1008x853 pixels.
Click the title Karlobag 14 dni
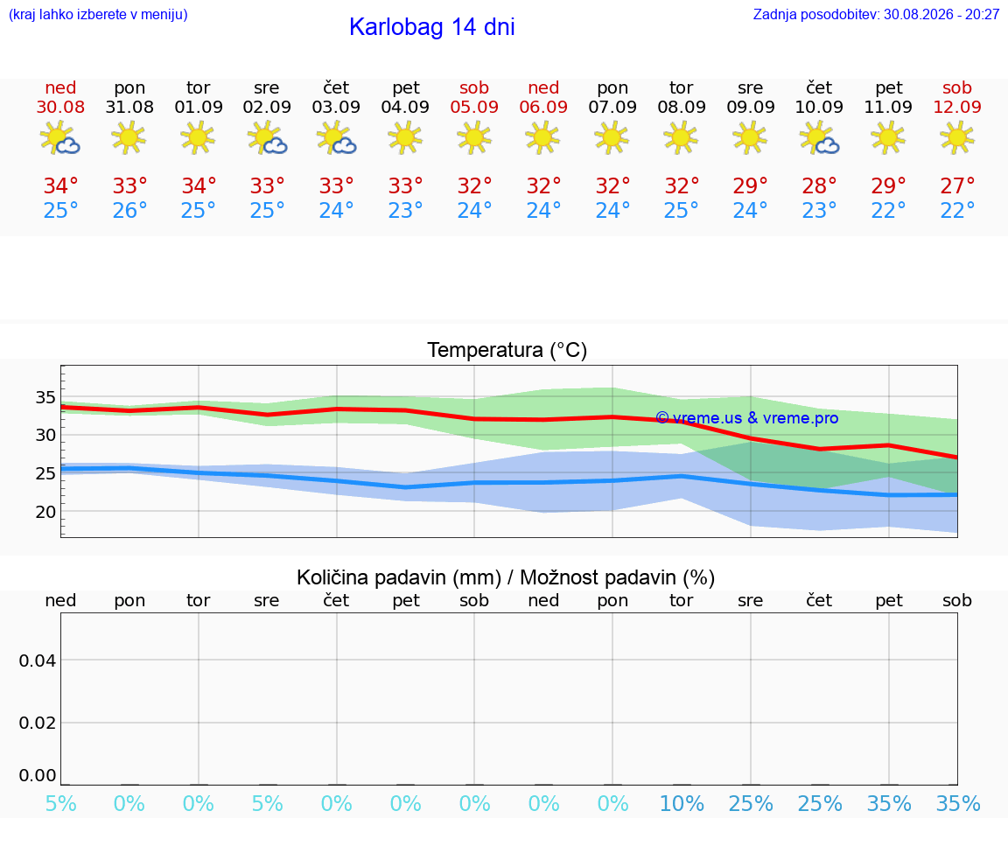pyautogui.click(x=432, y=27)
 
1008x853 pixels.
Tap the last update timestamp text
pyautogui.click(x=876, y=15)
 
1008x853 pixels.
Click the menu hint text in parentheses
pyautogui.click(x=98, y=15)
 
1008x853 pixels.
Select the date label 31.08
pyautogui.click(x=129, y=107)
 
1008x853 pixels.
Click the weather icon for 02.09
pyautogui.click(x=267, y=138)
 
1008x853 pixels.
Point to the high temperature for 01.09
pyautogui.click(x=199, y=185)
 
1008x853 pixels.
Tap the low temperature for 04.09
pyautogui.click(x=405, y=210)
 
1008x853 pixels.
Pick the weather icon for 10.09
pyautogui.click(x=819, y=138)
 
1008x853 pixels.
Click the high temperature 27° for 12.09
pyautogui.click(x=957, y=185)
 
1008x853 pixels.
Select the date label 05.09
pyautogui.click(x=474, y=107)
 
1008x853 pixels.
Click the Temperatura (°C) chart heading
pyautogui.click(x=507, y=350)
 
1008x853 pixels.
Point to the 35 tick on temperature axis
pyautogui.click(x=45, y=397)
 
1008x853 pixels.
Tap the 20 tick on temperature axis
pyautogui.click(x=45, y=513)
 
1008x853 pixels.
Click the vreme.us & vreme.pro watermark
pyautogui.click(x=747, y=418)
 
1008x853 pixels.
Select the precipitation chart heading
pyautogui.click(x=506, y=577)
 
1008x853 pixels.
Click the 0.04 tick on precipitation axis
pyautogui.click(x=38, y=661)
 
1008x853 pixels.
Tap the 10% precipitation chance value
pyautogui.click(x=682, y=803)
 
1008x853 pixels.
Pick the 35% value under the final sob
pyautogui.click(x=958, y=803)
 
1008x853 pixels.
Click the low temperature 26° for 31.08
pyautogui.click(x=129, y=210)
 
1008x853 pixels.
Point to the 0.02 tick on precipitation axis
pyautogui.click(x=38, y=724)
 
